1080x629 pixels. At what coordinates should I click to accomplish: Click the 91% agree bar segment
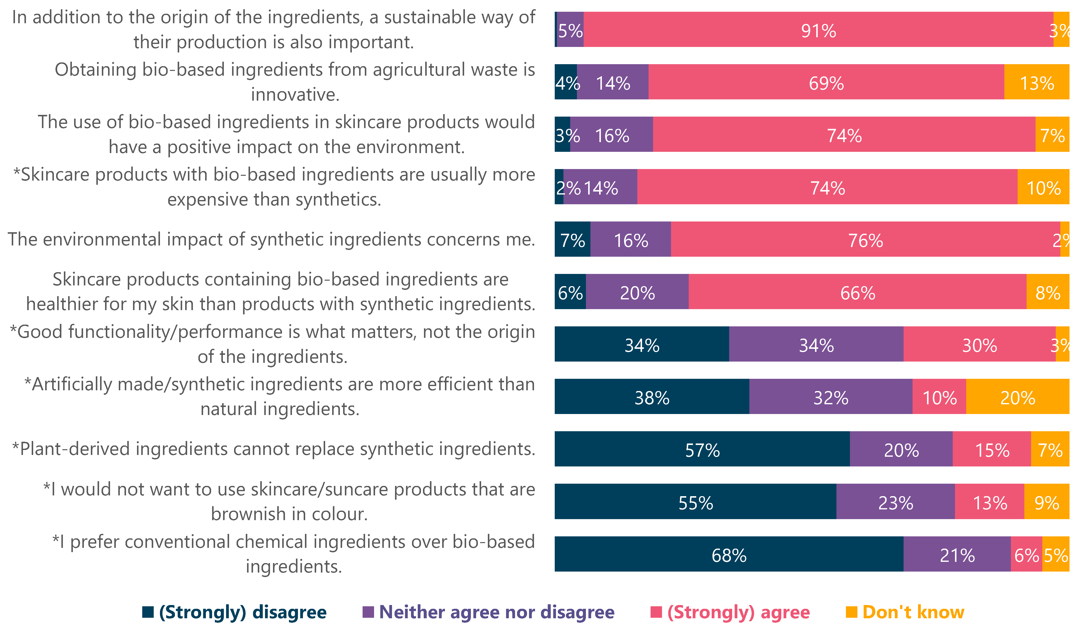(818, 29)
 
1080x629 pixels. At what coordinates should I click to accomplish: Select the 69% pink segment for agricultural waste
(826, 82)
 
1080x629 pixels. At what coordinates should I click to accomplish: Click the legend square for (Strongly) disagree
(148, 612)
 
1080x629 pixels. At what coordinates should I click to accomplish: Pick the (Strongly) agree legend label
(738, 612)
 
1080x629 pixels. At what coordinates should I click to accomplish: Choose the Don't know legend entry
(913, 612)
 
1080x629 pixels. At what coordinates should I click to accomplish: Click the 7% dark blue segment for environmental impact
(572, 239)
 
